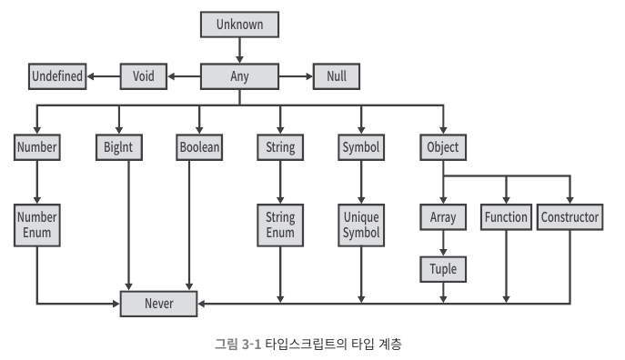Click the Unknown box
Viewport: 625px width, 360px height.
pyautogui.click(x=239, y=25)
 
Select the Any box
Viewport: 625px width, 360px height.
pyautogui.click(x=239, y=76)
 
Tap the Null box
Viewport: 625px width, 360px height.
pyautogui.click(x=337, y=76)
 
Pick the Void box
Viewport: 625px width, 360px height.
pyautogui.click(x=144, y=76)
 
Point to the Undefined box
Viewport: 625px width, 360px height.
pyautogui.click(x=57, y=76)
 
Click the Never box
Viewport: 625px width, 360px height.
pyautogui.click(x=158, y=304)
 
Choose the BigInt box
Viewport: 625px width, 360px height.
pyautogui.click(x=119, y=147)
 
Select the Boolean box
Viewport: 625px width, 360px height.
pyautogui.click(x=199, y=147)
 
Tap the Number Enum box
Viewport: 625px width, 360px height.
pyautogui.click(x=37, y=225)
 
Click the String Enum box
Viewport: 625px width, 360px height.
pyautogui.click(x=280, y=225)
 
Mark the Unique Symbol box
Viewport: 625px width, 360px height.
pyautogui.click(x=361, y=225)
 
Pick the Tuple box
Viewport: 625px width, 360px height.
pyautogui.click(x=443, y=269)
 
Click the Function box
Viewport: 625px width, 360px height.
pyautogui.click(x=506, y=217)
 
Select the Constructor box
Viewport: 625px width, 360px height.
pyautogui.click(x=570, y=217)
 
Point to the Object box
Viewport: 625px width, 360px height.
pyautogui.click(x=443, y=147)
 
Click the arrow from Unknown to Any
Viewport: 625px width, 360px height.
pyautogui.click(x=239, y=50)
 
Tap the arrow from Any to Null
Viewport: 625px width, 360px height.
pyautogui.click(x=296, y=76)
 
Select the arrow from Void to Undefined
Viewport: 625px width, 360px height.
pyautogui.click(x=104, y=76)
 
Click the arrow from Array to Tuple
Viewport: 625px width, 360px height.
pyautogui.click(x=443, y=243)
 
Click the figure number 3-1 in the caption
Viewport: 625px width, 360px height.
pyautogui.click(x=251, y=344)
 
